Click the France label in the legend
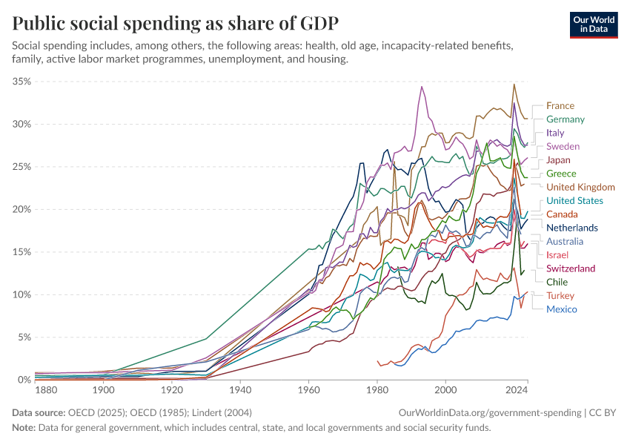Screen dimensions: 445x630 pos(560,106)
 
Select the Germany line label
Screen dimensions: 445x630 pos(565,119)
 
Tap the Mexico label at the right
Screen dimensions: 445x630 pos(561,309)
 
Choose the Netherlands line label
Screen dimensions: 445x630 pos(571,228)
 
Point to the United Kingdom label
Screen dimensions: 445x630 pos(580,187)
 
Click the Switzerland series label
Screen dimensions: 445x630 pos(570,268)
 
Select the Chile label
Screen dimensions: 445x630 pos(557,282)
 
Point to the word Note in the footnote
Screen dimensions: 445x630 pos(24,428)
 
